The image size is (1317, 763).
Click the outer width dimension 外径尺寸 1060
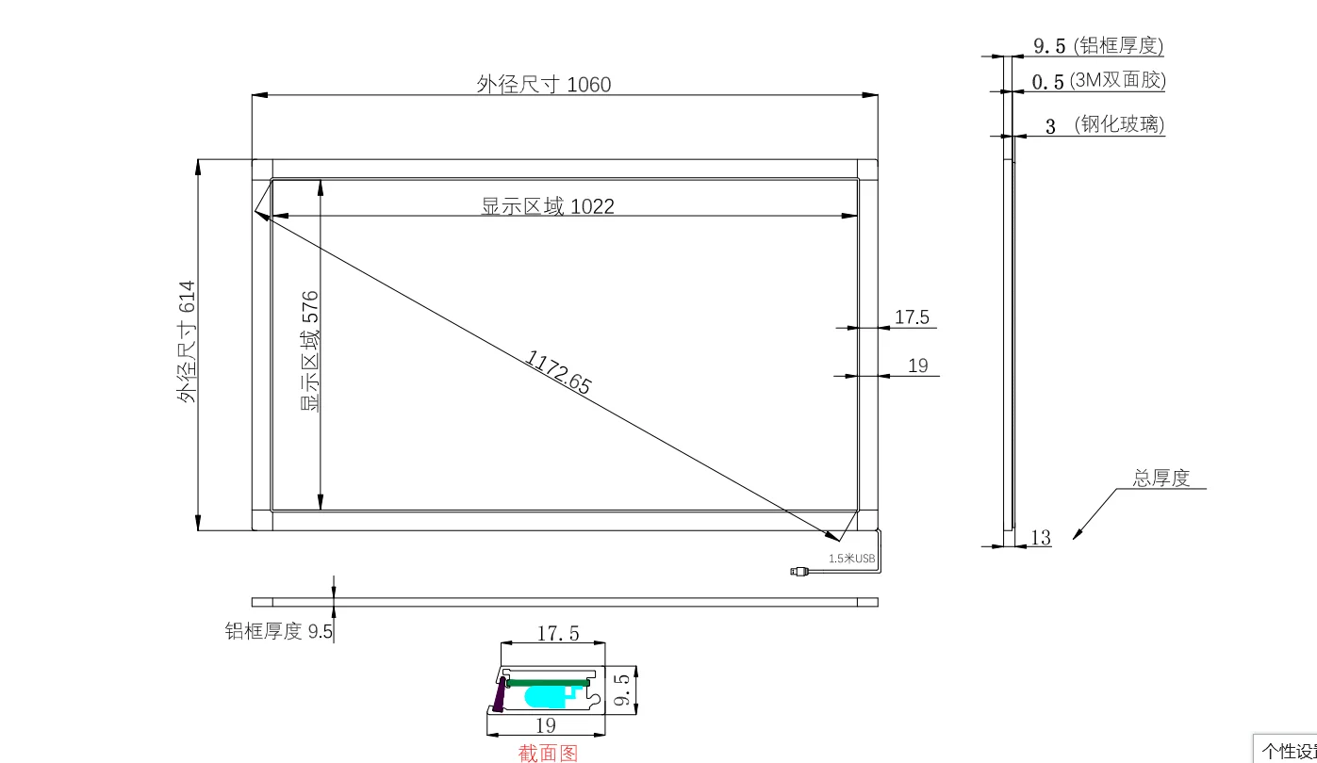point(543,85)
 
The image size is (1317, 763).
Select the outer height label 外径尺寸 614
point(187,342)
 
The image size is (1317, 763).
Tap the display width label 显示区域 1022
point(548,206)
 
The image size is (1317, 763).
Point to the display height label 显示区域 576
point(309,351)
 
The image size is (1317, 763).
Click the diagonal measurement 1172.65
point(558,372)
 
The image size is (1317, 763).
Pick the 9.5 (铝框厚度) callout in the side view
point(1098,45)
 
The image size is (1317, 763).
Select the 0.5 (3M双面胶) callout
point(1098,80)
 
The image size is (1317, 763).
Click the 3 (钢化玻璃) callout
point(1105,124)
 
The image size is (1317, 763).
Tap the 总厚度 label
point(1161,479)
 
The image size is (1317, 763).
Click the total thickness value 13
point(1041,538)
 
